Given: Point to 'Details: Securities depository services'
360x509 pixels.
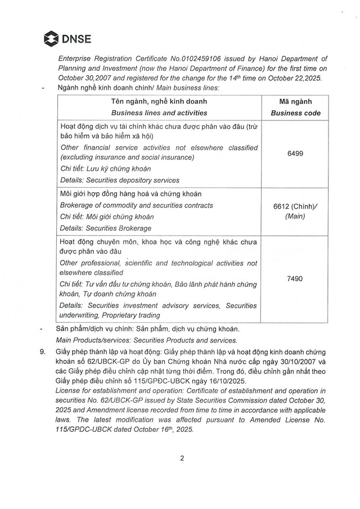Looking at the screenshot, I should pos(120,180).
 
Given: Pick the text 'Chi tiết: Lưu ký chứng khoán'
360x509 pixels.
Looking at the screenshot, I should pos(105,169).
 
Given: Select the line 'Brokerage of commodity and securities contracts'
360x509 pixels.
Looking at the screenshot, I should pos(136,205).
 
